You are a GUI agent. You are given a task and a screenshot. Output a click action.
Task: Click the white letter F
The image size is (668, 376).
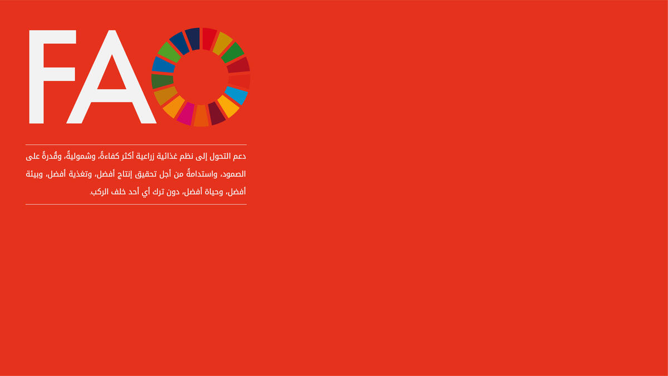coord(36,77)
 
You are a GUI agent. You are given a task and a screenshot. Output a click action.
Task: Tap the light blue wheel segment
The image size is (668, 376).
coord(236,95)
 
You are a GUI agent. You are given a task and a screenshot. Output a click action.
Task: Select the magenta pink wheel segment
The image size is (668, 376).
coord(186,114)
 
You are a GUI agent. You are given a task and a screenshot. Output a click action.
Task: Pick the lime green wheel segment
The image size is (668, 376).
coord(169,52)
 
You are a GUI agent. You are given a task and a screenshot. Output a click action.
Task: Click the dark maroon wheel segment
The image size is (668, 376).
coord(217,113)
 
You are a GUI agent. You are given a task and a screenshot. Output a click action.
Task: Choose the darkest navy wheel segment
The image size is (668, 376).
coord(193,39)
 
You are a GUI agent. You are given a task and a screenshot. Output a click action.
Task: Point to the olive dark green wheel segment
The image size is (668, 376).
coord(162,81)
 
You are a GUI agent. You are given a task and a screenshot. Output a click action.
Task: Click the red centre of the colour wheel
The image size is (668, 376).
coord(201,77)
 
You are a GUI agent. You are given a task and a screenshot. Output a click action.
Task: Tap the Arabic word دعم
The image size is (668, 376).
coord(240,157)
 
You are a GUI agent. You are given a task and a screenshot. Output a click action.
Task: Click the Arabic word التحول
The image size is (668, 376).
coord(220,156)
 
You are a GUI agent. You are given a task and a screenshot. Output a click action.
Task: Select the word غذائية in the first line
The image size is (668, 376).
coord(168,156)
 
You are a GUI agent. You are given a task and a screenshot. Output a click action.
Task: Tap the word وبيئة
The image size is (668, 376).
coord(35,174)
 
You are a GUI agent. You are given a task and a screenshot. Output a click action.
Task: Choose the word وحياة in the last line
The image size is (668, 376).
coord(214,192)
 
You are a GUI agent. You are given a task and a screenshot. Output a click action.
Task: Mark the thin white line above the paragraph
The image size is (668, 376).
coord(136,145)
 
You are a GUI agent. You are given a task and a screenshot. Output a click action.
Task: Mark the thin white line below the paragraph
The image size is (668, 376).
coord(136,204)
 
